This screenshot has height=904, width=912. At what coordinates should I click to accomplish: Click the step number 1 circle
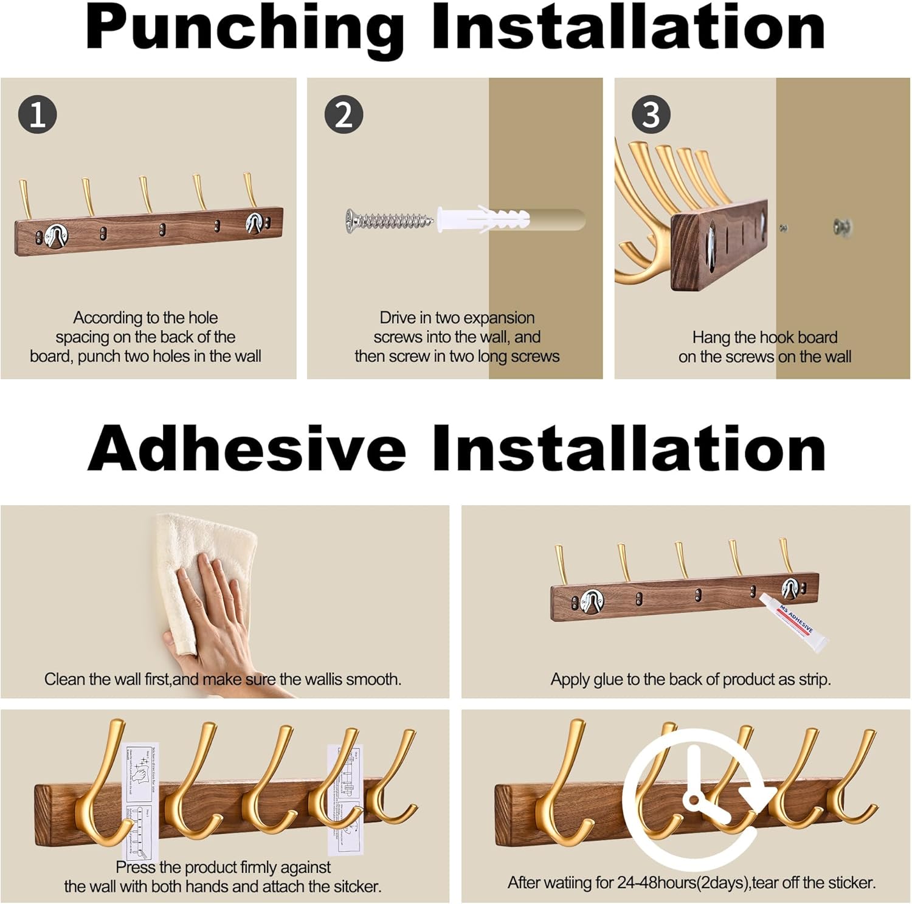click(x=37, y=114)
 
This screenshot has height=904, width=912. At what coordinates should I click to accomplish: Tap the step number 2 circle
click(x=344, y=114)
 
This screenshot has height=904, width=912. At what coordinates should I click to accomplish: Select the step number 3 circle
click(x=651, y=114)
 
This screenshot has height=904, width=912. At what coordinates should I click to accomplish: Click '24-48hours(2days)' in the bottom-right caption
click(x=683, y=882)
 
